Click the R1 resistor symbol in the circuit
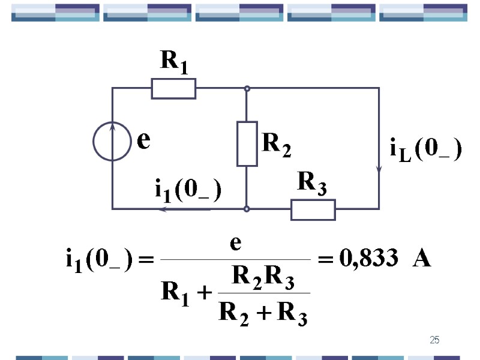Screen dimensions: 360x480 click(x=173, y=88)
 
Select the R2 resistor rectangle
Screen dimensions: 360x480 click(x=247, y=144)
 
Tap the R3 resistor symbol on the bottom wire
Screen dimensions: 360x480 click(x=313, y=209)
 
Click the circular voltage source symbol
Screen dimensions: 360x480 click(x=112, y=142)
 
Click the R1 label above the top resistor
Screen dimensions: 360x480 click(x=174, y=62)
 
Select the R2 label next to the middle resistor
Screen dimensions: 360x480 click(x=277, y=145)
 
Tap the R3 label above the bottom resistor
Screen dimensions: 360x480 click(x=313, y=184)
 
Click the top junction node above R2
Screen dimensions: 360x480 click(x=247, y=88)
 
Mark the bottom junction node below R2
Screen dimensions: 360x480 click(x=247, y=209)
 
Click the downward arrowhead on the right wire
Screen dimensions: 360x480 click(x=379, y=169)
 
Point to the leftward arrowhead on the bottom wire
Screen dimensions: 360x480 click(x=163, y=209)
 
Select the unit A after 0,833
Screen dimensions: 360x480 click(x=422, y=260)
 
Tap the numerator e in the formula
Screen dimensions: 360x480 click(x=236, y=244)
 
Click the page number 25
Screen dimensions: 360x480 click(x=435, y=341)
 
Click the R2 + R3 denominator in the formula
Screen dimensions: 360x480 click(x=263, y=312)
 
